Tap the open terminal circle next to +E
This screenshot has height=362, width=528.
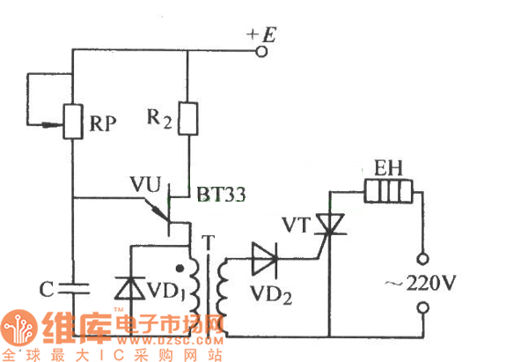[260, 52]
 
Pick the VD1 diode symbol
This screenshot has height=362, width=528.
[129, 288]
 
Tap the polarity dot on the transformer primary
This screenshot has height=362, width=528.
[181, 270]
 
